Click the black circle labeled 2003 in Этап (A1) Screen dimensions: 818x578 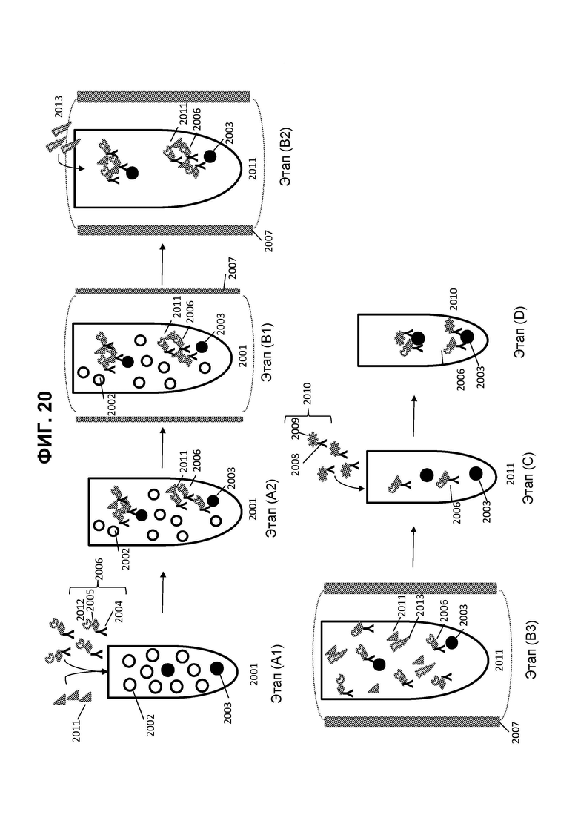click(217, 668)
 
